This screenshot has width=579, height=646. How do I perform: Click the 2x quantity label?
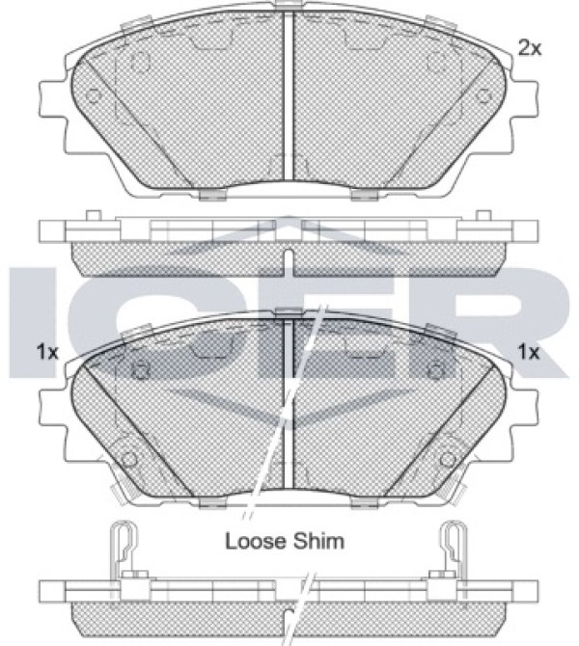tap(530, 48)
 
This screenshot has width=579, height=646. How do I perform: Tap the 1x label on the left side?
tap(47, 352)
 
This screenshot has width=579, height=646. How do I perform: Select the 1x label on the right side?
tap(529, 352)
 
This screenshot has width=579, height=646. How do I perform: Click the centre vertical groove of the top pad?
tap(289, 95)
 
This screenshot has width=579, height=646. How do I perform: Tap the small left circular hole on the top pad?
tap(94, 96)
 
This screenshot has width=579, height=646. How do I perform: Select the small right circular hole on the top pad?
tap(482, 96)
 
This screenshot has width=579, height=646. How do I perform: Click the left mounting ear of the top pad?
tap(53, 99)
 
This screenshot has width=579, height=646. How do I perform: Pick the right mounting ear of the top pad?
tap(524, 99)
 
